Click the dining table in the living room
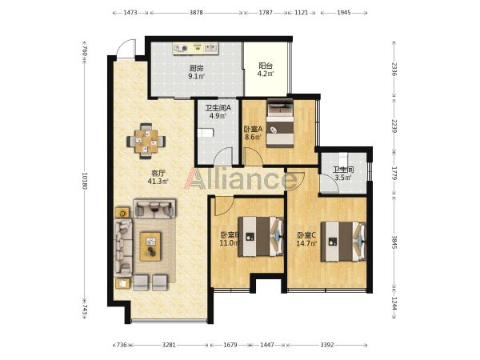coord(146,141)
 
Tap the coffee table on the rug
coord(150,246)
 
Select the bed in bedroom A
coord(280,123)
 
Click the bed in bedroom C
coord(343,242)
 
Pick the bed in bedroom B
coord(261,236)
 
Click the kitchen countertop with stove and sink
coord(195,48)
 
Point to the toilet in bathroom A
coord(205,133)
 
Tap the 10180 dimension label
coord(85,181)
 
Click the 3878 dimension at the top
coord(196,13)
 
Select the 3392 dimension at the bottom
coord(327,345)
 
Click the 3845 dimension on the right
coord(394,242)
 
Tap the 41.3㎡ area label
coord(158,182)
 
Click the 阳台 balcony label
coord(266,66)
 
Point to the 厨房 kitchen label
coord(196,68)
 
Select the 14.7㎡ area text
coord(306,243)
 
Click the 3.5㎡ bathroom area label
coord(343,178)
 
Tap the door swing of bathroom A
coord(222,156)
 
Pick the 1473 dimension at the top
coord(130,13)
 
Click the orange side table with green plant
coord(122,213)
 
